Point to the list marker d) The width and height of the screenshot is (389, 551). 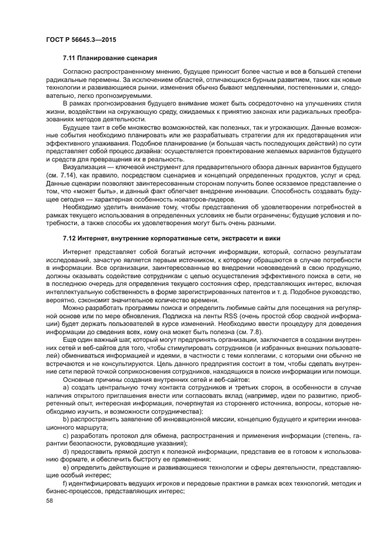[65, 454]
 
